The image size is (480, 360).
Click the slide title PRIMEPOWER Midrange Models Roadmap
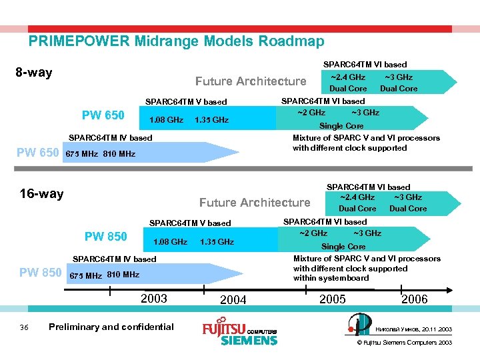176,41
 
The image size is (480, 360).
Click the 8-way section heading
33,73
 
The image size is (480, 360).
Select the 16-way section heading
41,194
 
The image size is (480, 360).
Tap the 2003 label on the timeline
154,298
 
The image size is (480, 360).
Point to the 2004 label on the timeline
233,300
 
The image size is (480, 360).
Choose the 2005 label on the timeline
332,299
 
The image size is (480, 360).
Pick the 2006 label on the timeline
414,299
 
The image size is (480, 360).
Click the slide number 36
24,327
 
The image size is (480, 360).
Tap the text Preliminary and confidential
111,327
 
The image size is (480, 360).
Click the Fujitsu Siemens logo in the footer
239,333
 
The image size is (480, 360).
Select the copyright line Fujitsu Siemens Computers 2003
405,343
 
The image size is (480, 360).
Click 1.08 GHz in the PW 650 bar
166,120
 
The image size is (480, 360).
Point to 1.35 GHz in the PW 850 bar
217,242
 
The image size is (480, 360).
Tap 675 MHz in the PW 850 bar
85,275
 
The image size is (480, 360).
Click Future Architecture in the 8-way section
251,81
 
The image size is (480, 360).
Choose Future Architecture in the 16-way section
255,203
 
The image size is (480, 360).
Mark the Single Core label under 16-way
343,247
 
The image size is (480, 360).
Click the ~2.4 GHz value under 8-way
348,77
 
